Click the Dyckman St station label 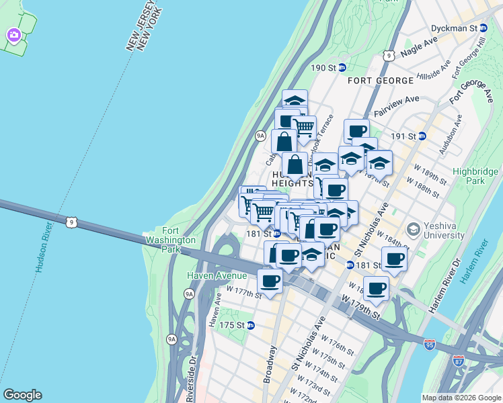tap(463, 28)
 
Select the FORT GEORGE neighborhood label tap(381, 81)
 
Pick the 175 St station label tap(235, 325)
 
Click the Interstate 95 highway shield tap(430, 345)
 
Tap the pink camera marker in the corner tap(13, 34)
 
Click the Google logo tap(22, 395)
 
